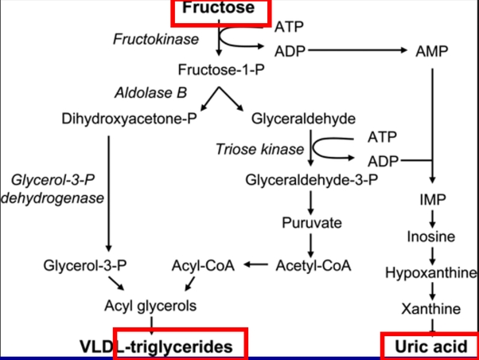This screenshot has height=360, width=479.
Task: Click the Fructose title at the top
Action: point(218,9)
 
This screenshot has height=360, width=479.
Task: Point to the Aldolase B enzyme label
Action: point(150,92)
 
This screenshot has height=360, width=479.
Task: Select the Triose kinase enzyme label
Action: point(259,149)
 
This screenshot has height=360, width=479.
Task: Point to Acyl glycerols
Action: point(150,305)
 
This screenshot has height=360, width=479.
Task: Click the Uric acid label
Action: point(430,346)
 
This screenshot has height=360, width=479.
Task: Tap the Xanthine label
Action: point(430,308)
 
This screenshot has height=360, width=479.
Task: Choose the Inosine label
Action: point(430,237)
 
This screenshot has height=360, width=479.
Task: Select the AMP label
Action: point(432,52)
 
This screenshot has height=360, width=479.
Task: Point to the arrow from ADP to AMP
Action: point(357,51)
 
